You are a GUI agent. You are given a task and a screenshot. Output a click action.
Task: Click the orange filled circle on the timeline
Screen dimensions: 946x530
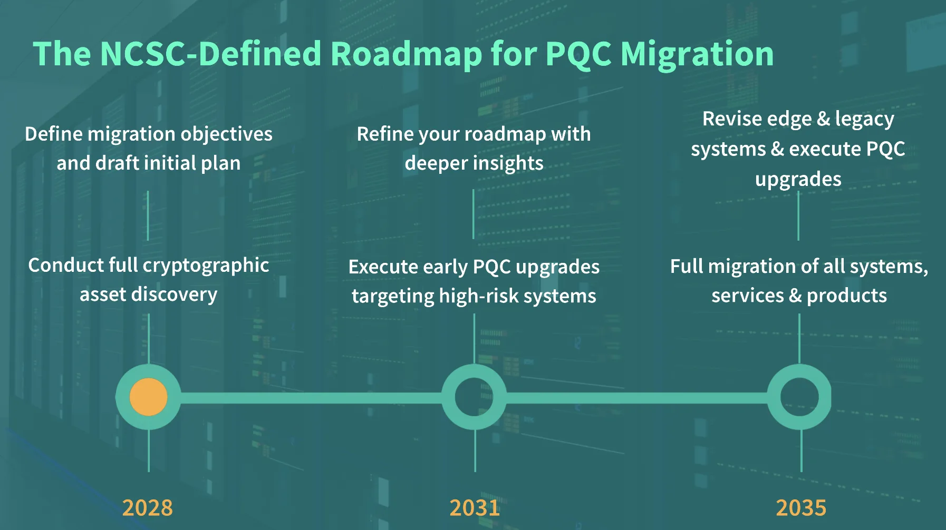(x=148, y=397)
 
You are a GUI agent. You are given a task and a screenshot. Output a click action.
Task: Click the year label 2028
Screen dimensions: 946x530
(x=148, y=508)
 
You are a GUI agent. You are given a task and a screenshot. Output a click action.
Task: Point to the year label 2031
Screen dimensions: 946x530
(x=475, y=508)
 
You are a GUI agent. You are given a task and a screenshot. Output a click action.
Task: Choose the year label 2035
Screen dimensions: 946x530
(x=801, y=508)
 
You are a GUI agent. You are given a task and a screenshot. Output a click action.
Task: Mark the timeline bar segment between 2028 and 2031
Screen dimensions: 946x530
(x=311, y=397)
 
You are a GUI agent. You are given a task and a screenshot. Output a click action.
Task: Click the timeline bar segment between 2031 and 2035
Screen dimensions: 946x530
(x=637, y=397)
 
